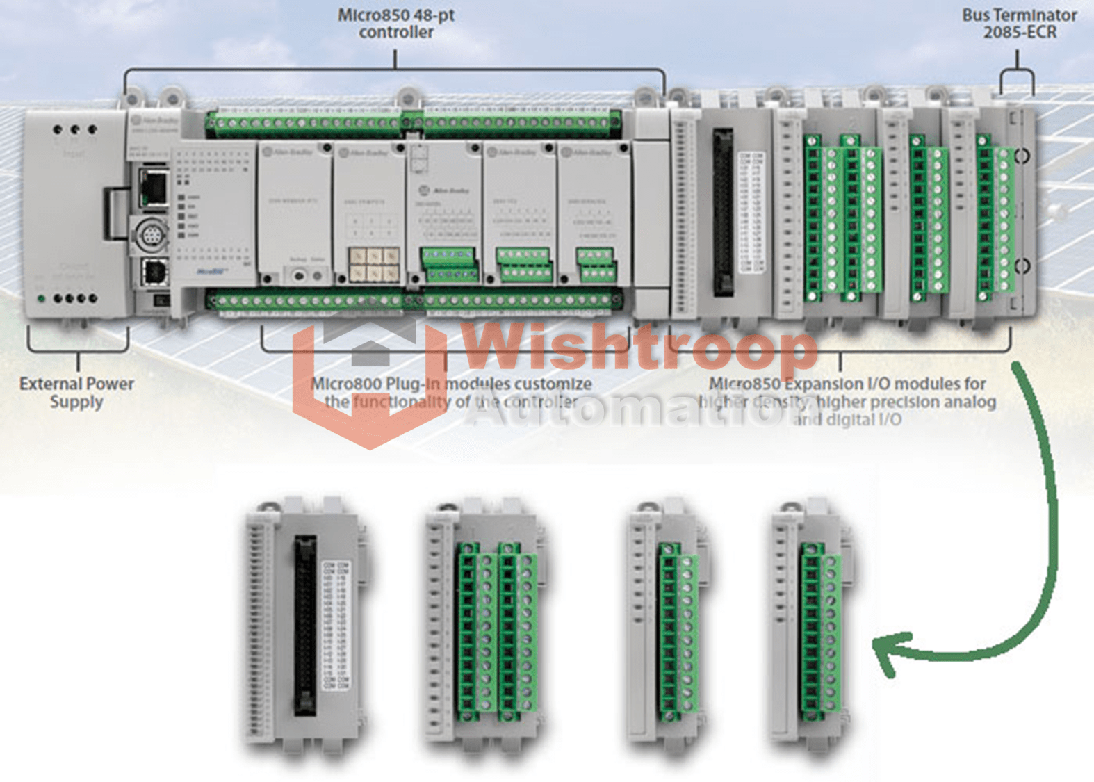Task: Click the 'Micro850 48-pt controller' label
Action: pyautogui.click(x=395, y=24)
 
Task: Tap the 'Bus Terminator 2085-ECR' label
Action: pyautogui.click(x=1019, y=24)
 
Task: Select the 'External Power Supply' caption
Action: pyautogui.click(x=76, y=393)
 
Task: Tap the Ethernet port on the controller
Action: pyautogui.click(x=153, y=186)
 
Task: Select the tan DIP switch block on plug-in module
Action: pyautogui.click(x=374, y=265)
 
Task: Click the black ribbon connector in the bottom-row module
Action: pyautogui.click(x=304, y=626)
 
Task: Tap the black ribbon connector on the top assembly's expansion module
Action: pyautogui.click(x=723, y=212)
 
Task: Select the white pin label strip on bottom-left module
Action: pyautogui.click(x=336, y=626)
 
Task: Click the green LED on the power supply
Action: pyautogui.click(x=42, y=299)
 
